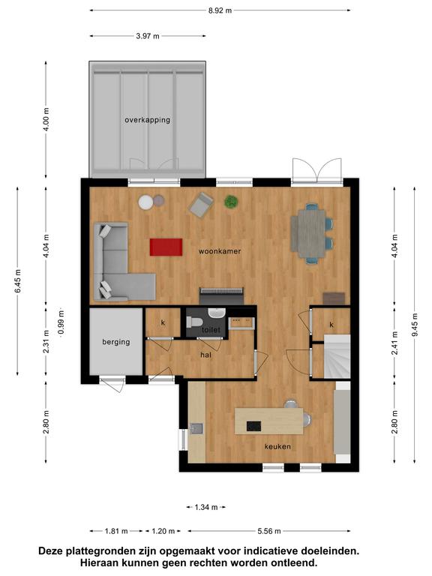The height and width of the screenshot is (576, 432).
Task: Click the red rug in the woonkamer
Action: coord(166,247)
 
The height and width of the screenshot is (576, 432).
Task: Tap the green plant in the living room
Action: coord(231,202)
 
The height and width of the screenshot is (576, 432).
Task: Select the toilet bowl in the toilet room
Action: coord(194,322)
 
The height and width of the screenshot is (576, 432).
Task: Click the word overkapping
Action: coord(147,120)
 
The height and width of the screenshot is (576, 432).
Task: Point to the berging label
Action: coord(116,342)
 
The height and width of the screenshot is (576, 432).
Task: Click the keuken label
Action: coord(277,447)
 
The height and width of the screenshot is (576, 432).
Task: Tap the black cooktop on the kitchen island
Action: coord(253,426)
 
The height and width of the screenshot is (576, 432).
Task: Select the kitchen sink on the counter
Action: coord(196,428)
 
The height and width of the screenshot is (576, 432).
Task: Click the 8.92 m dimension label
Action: coord(220,10)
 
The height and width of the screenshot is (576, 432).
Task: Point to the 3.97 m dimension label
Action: coord(148,36)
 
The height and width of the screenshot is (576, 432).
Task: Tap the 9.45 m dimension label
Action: coord(415,325)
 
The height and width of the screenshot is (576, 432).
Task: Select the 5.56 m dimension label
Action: coord(269,531)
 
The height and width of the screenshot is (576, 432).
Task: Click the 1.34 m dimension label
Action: coord(205,507)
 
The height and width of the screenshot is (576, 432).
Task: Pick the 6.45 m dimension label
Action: coord(18,281)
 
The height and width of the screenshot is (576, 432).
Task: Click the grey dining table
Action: coord(308,234)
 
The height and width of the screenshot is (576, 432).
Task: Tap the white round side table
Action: coord(145,202)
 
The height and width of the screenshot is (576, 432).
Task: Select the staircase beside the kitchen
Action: coord(337,356)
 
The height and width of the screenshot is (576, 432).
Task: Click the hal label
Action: coord(205,355)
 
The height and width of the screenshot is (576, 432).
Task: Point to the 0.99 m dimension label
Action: coord(61,322)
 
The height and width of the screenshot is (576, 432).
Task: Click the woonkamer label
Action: coord(220,251)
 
